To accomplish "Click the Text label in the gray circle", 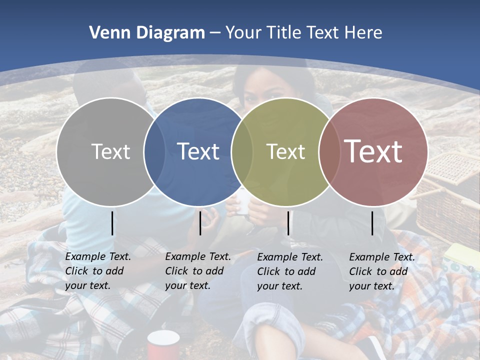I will point(110,151).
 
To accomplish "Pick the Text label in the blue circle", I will point(198,151).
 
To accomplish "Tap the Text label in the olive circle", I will point(285,151).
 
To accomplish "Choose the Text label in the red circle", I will point(373,151).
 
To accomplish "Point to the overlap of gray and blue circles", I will point(154,151).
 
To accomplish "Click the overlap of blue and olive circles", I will point(242,151).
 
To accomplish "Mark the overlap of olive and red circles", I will point(329,151).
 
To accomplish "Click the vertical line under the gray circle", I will point(112,223).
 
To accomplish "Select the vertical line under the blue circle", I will point(200,223).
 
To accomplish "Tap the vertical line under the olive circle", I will point(288,223).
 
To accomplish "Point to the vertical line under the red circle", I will point(372,223).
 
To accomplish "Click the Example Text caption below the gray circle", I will point(97,271).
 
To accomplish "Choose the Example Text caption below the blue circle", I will point(197,271).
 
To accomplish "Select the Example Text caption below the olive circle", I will point(289,271).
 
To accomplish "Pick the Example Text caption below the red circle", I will point(381,271).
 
